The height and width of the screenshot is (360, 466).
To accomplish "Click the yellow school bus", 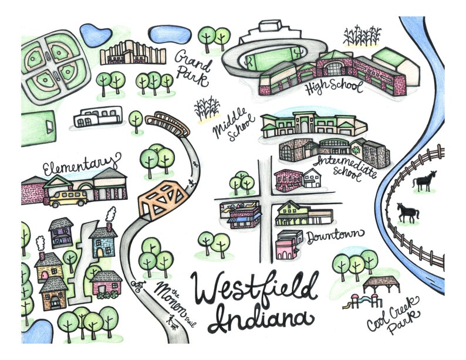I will [x=68, y=198].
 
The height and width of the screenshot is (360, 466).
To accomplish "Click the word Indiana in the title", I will [x=258, y=320].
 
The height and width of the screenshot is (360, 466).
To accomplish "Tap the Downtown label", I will [x=332, y=236].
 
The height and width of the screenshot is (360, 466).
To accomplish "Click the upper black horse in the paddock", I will [x=424, y=181].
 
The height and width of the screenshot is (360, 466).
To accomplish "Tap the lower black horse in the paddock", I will [x=408, y=212].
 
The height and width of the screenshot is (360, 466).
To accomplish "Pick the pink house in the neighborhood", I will [x=107, y=283].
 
